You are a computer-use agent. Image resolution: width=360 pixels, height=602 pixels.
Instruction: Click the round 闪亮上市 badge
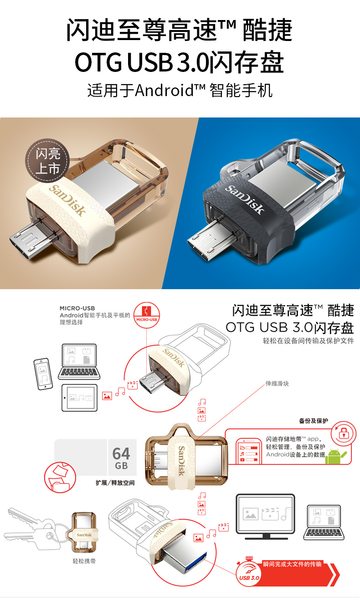coord(47,161)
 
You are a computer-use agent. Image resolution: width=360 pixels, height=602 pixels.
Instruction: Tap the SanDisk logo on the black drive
coord(244,199)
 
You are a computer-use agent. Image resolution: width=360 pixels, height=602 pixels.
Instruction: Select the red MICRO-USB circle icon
coord(147,315)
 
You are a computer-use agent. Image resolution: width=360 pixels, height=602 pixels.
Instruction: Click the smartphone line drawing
coord(43,374)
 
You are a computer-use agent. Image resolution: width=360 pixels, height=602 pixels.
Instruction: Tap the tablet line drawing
coord(80,398)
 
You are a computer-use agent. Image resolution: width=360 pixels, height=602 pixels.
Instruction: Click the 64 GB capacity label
coord(121,458)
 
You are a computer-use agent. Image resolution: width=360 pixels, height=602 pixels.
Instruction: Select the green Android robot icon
coord(334,456)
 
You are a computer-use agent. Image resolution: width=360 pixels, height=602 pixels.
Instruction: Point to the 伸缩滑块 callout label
coord(277,383)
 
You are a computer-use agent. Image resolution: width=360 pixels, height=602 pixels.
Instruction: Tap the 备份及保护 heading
coord(314,421)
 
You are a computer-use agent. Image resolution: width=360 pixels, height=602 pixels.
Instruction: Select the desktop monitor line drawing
coord(265,516)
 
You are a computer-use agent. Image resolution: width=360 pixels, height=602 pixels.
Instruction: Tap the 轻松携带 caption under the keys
coord(84,561)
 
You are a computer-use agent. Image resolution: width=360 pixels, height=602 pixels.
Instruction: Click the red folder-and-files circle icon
coord(60,477)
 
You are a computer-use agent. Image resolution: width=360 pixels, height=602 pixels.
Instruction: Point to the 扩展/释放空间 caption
coord(115,483)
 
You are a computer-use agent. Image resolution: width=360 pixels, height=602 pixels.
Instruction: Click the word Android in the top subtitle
coord(164,90)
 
